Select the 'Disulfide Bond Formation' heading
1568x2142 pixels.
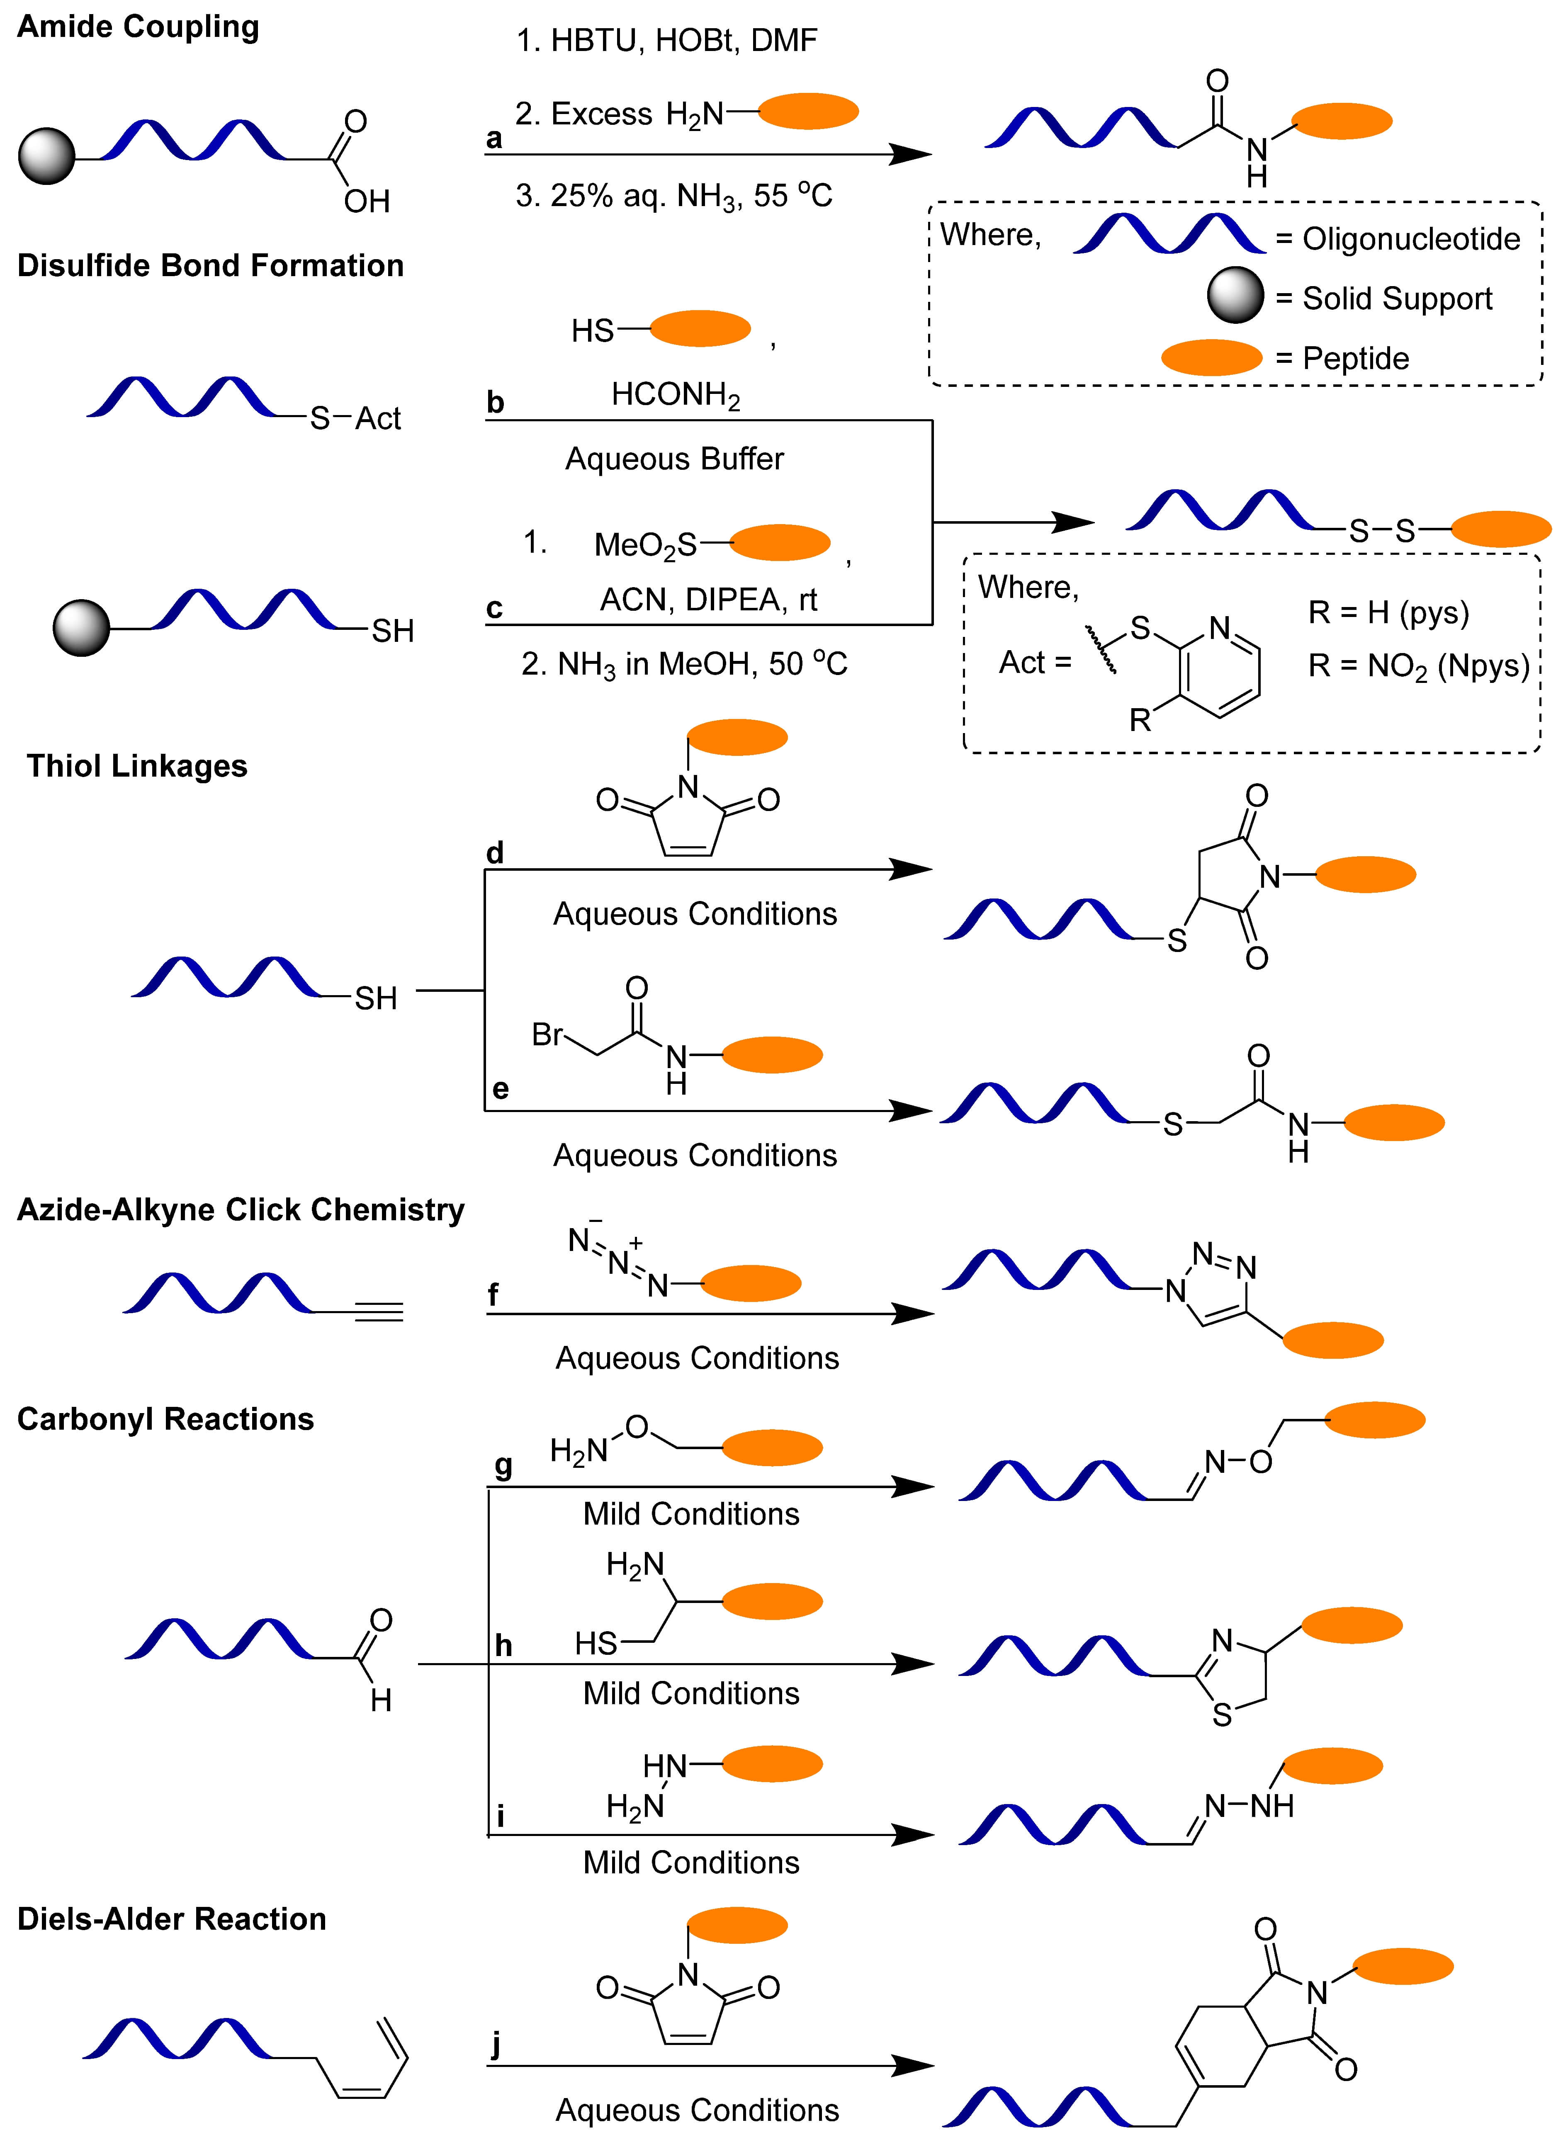coord(211,266)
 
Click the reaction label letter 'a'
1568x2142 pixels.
coord(493,138)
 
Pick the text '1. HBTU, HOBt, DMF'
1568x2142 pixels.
coord(666,41)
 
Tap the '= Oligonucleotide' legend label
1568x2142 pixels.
coord(1397,239)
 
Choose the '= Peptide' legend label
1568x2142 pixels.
coord(1342,359)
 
